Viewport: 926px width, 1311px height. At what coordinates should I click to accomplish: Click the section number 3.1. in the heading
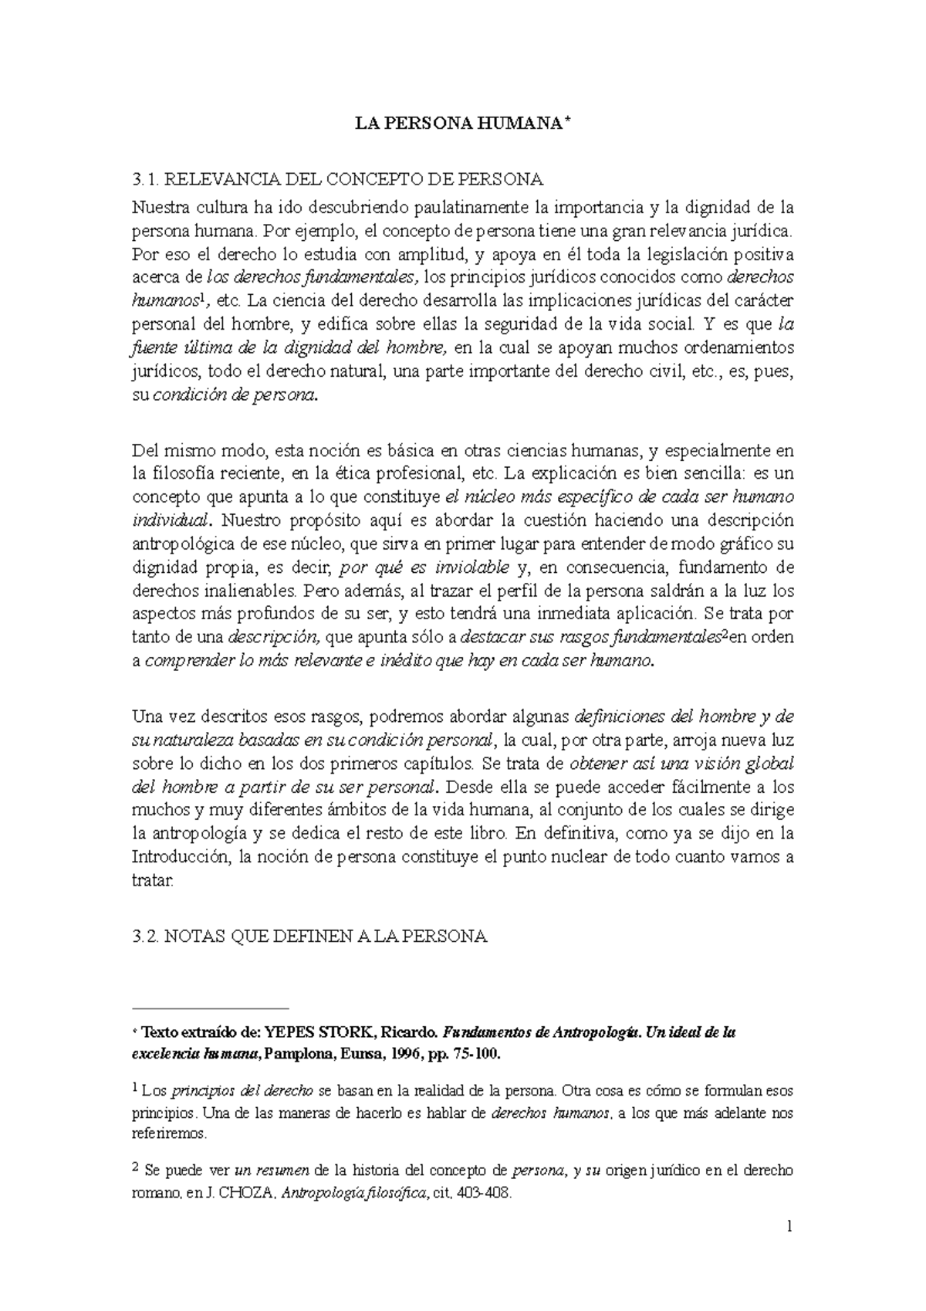(146, 180)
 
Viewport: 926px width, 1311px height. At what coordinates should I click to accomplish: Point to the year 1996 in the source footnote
(428, 1054)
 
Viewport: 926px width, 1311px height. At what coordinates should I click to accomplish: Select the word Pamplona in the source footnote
(295, 1054)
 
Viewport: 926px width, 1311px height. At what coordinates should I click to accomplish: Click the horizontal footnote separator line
(210, 1008)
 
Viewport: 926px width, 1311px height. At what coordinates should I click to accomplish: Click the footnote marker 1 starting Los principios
(137, 1089)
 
